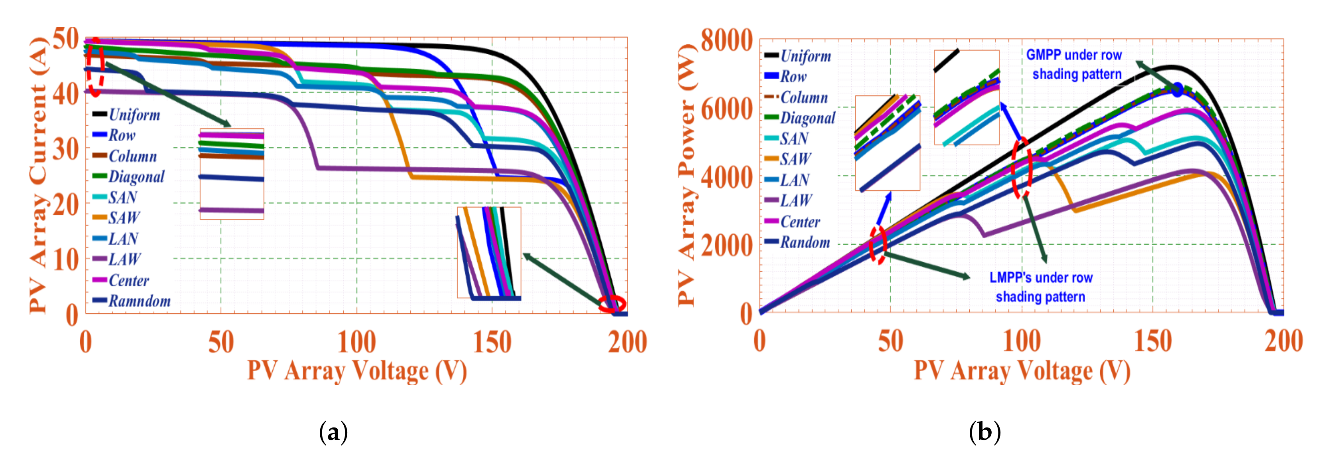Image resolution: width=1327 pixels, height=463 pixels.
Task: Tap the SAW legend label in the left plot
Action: click(124, 218)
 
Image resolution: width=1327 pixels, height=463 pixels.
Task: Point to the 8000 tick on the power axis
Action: click(727, 40)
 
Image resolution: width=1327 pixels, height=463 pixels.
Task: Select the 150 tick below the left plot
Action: click(492, 342)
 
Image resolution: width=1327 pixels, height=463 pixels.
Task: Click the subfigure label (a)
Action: click(333, 432)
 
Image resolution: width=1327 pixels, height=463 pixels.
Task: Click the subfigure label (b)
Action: click(984, 432)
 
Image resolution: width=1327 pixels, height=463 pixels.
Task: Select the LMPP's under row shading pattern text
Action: click(1041, 287)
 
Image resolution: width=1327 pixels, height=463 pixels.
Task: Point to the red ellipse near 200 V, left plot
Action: click(612, 304)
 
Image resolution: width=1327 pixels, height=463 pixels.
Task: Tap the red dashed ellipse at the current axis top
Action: click(95, 67)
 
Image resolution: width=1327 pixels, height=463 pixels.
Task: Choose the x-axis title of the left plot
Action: click(356, 371)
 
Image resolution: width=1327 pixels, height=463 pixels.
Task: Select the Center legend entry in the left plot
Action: click(128, 281)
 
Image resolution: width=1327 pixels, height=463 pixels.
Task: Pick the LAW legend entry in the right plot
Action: click(795, 200)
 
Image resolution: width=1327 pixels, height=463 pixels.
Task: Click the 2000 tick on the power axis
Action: click(727, 245)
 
